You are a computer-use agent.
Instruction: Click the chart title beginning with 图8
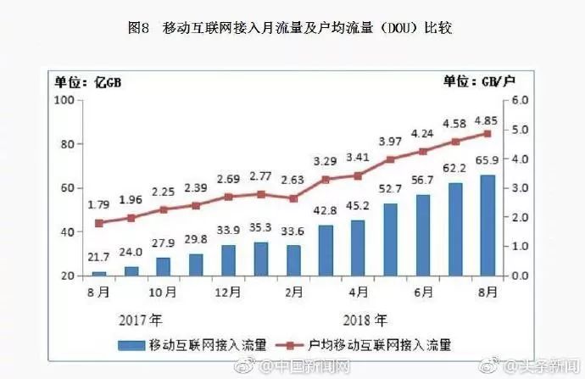pos(292,28)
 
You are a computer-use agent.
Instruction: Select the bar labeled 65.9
pos(488,225)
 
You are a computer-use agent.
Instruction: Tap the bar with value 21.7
pos(99,273)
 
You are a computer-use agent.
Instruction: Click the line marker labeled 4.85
pos(488,133)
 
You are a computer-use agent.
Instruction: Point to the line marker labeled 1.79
pos(99,223)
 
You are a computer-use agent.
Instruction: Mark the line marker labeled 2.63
pos(293,198)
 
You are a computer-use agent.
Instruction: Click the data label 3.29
pos(326,160)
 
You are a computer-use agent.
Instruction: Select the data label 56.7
pos(423,180)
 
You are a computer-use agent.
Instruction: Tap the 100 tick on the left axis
pos(63,100)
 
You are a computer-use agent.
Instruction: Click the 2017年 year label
pos(139,322)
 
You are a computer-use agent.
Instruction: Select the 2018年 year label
pos(366,322)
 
